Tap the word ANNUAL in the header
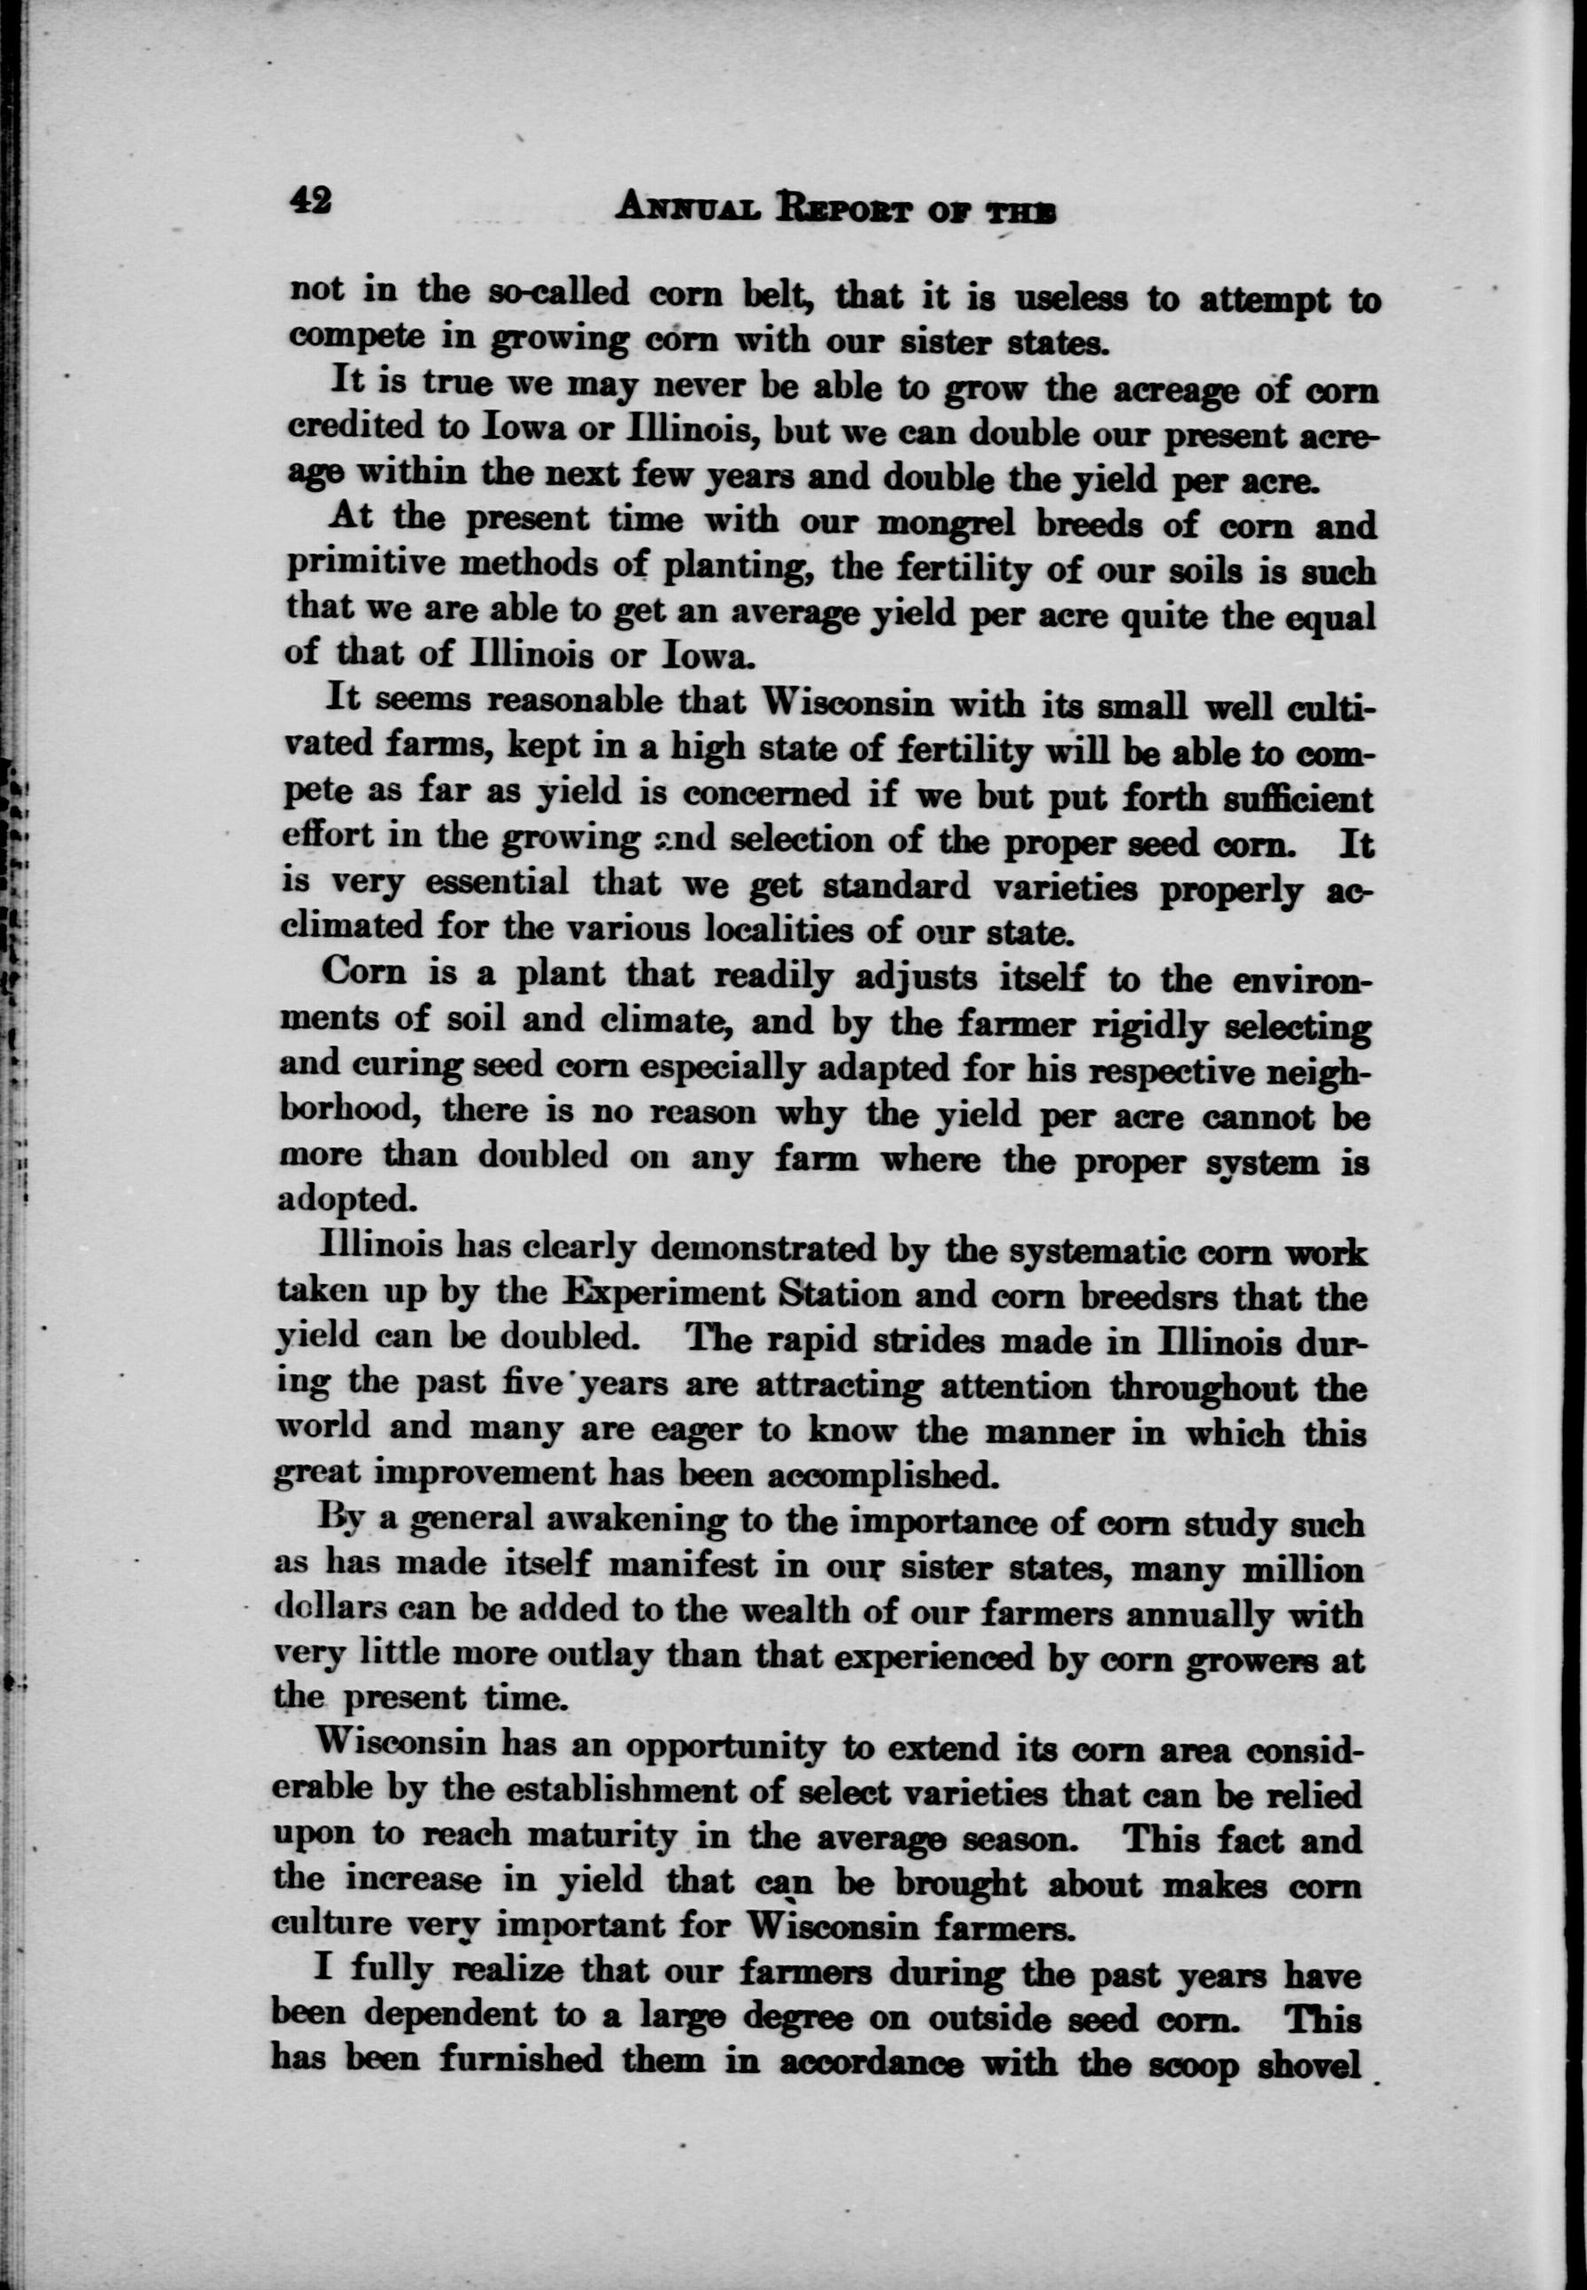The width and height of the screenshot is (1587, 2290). (677, 208)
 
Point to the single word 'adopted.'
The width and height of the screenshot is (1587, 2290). (344, 1199)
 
